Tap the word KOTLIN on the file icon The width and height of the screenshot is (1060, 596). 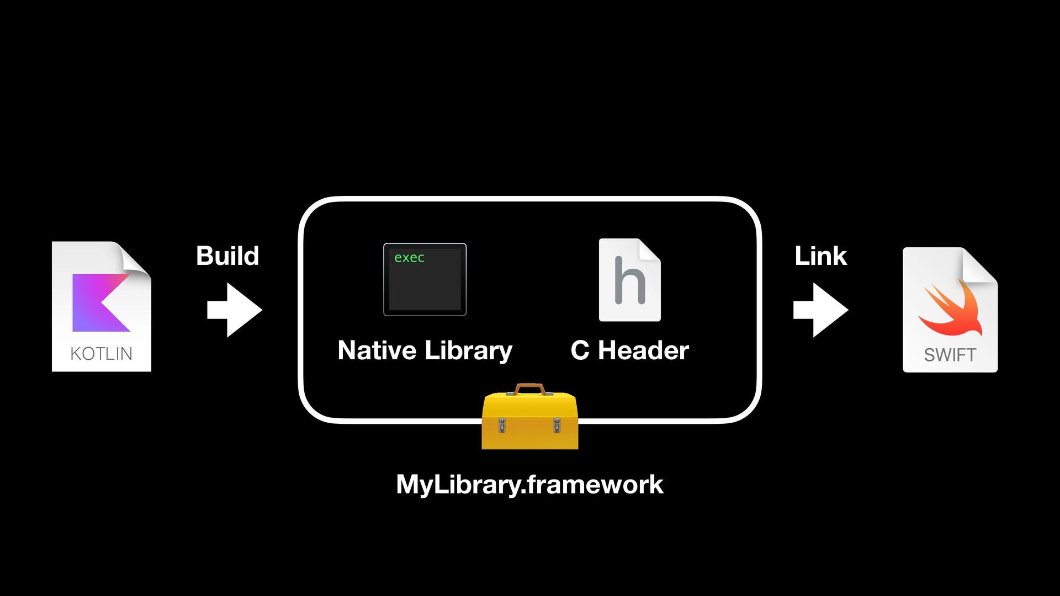(x=101, y=353)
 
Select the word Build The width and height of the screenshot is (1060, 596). (x=227, y=256)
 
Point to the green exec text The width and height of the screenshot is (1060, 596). (x=409, y=258)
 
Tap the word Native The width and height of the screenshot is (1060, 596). (x=377, y=350)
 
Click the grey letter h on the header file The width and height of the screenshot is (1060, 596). (x=629, y=281)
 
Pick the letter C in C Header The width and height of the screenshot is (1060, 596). (x=580, y=350)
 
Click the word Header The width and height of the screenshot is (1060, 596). (x=643, y=350)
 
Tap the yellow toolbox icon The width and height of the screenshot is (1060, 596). (x=529, y=422)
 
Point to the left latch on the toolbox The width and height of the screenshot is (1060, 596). (x=502, y=425)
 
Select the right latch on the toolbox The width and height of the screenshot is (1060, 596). (x=556, y=425)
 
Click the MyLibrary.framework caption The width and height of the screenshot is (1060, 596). (x=529, y=485)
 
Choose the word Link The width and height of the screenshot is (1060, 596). (x=820, y=256)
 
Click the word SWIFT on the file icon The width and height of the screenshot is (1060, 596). (x=950, y=355)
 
